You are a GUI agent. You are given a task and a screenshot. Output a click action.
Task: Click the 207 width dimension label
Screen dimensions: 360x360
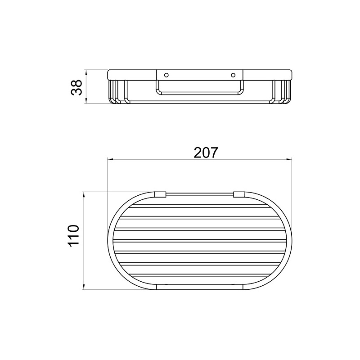coord(206,153)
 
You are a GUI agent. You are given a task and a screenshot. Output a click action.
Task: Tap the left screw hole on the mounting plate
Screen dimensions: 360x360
coord(166,75)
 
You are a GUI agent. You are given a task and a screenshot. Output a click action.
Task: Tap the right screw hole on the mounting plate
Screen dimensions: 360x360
coord(233,75)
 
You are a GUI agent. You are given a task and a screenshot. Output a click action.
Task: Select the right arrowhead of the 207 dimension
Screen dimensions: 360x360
coord(288,159)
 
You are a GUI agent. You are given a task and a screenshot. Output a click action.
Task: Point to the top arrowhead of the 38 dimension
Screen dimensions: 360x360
coord(86,73)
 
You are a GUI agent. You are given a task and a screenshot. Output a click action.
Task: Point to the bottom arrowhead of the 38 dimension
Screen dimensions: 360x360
coord(86,100)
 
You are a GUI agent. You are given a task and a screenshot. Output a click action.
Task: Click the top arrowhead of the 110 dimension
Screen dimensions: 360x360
coord(84,195)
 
